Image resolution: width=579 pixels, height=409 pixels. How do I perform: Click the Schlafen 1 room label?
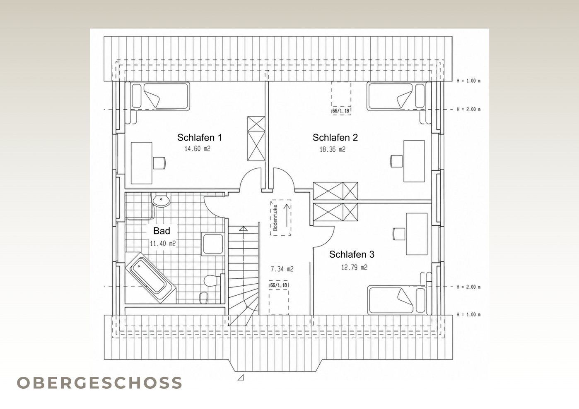[x=200, y=138]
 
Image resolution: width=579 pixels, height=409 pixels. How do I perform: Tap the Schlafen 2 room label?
[x=335, y=138]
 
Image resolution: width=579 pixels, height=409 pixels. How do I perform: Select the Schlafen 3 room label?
[x=352, y=254]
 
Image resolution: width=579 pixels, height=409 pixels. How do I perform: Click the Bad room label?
[x=162, y=231]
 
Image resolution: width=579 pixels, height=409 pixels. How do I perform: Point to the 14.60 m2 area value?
[x=197, y=148]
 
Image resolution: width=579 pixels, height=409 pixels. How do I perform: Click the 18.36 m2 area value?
[x=333, y=149]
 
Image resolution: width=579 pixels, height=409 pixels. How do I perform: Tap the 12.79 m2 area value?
[x=354, y=267]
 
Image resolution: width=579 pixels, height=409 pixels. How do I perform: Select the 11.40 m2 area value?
[x=163, y=243]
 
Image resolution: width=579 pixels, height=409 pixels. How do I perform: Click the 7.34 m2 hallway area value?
[x=282, y=269]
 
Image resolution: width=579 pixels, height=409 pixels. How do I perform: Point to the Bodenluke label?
[x=275, y=218]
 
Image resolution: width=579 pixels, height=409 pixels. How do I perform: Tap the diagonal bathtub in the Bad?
[x=150, y=277]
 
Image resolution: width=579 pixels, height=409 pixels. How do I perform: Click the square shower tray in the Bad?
[x=213, y=244]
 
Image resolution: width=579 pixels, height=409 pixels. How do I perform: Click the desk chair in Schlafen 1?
[x=159, y=163]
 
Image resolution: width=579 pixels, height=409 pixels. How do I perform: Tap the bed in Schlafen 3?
[x=396, y=300]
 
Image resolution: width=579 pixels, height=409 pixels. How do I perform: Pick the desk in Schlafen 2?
[x=414, y=161]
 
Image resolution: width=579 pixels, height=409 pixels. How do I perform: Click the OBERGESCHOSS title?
[x=99, y=383]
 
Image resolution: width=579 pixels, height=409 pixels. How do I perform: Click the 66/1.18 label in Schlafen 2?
[x=341, y=111]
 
